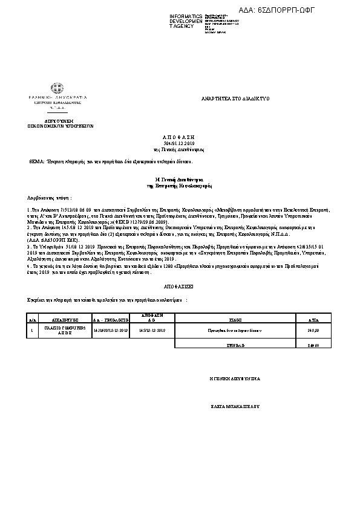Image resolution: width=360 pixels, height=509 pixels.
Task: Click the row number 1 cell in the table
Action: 31,331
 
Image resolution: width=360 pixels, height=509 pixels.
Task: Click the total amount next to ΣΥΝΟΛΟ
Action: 313,346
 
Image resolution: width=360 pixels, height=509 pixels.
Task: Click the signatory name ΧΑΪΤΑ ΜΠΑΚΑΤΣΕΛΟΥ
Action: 234,407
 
